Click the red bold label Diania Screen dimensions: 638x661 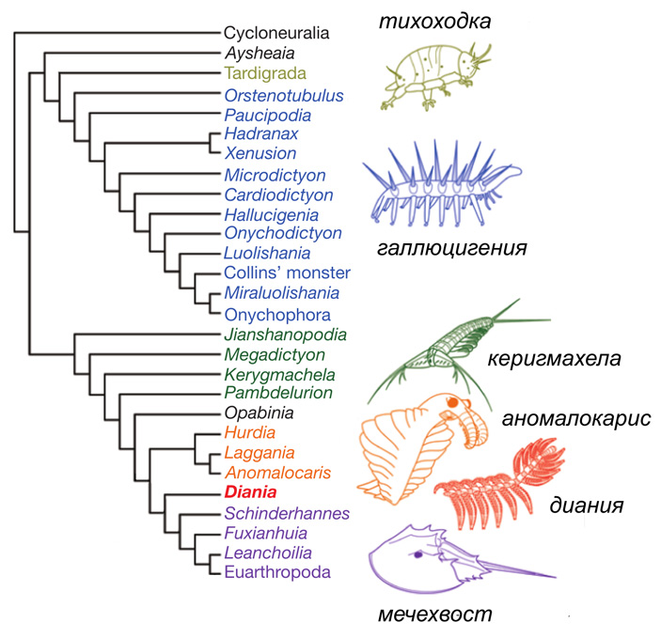click(256, 491)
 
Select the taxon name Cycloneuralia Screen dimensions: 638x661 click(277, 34)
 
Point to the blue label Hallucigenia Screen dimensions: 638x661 click(271, 214)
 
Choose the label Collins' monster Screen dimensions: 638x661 click(280, 272)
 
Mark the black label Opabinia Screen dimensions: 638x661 click(260, 412)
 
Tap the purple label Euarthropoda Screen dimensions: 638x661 click(276, 570)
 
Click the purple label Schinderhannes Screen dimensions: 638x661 click(287, 513)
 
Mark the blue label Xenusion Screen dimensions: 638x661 click(260, 153)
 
